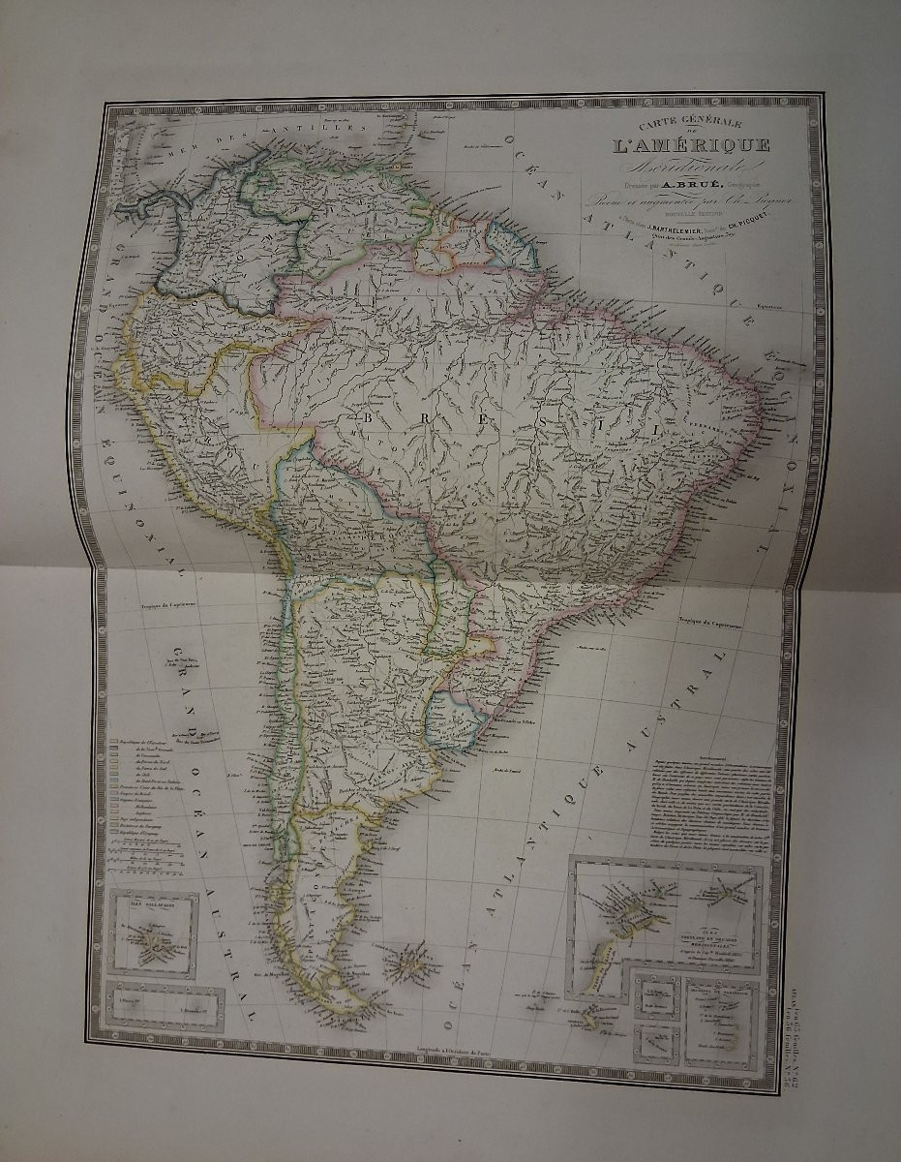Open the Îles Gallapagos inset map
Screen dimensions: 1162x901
coord(154,932)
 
